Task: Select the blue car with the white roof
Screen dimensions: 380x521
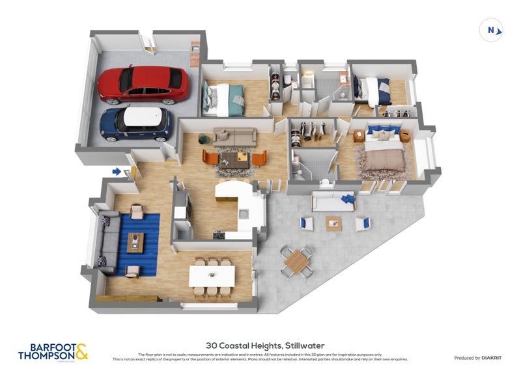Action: [x=136, y=124]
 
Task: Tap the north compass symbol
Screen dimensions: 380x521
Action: [x=492, y=29]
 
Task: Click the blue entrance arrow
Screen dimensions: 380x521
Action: [x=117, y=172]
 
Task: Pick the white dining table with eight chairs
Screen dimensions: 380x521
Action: [x=211, y=276]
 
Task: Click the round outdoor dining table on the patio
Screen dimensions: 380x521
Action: [x=296, y=261]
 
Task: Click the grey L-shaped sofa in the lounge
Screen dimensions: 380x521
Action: [x=107, y=241]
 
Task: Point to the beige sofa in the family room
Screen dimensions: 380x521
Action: [x=234, y=137]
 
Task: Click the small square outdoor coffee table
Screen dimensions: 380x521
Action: [x=333, y=223]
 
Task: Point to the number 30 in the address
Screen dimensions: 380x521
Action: [x=211, y=346]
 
